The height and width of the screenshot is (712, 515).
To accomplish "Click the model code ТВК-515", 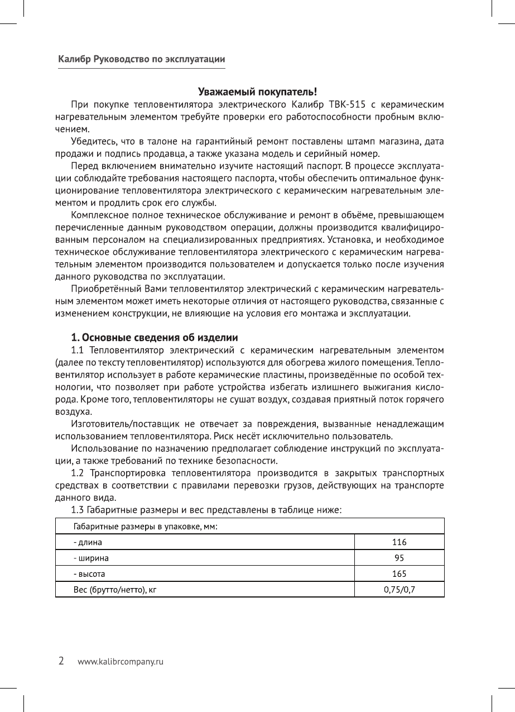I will (x=348, y=104).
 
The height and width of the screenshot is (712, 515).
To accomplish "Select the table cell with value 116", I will (x=399, y=542).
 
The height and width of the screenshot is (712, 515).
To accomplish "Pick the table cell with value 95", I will (x=399, y=558).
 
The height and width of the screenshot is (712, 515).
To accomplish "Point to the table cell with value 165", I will (x=399, y=574).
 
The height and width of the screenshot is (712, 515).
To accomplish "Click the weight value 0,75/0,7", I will (x=399, y=589).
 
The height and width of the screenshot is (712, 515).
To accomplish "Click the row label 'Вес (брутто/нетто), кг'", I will (x=114, y=589).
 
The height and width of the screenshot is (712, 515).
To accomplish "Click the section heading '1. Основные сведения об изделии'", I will (x=155, y=338).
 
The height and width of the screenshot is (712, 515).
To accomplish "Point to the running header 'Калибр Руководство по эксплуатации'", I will (x=142, y=59).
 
